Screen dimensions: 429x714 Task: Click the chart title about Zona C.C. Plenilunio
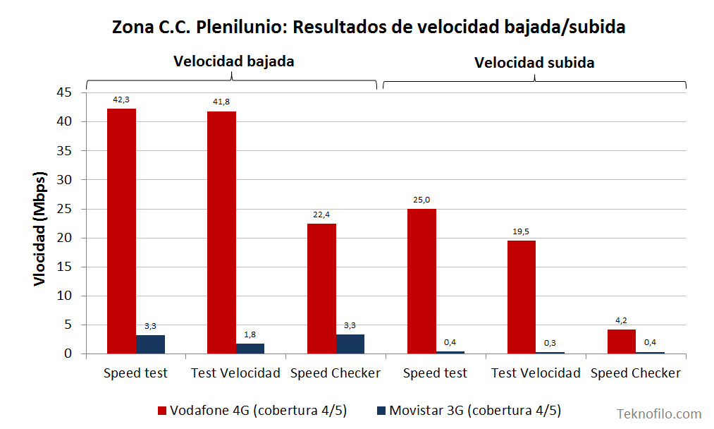369,28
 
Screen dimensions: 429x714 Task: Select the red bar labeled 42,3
121,231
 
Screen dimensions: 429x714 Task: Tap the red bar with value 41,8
221,232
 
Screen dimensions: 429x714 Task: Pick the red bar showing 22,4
321,289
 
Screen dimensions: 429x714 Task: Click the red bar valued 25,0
421,281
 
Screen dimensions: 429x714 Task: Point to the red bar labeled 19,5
522,297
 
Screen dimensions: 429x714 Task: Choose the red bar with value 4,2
621,342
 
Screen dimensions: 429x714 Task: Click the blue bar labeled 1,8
250,349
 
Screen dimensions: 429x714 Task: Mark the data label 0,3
550,342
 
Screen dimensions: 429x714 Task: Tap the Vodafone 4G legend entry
252,411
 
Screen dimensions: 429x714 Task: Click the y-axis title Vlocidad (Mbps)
40,227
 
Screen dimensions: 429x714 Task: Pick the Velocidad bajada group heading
233,61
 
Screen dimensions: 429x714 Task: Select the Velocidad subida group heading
534,63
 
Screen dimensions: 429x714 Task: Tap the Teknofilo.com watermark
659,414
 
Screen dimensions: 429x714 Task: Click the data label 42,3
121,99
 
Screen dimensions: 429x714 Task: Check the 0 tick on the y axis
69,354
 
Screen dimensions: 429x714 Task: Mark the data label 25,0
421,200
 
